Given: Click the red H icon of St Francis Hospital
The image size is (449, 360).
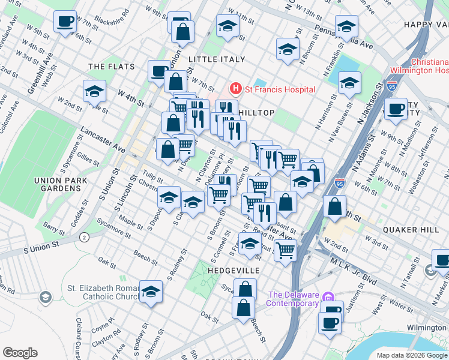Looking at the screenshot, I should (x=235, y=89).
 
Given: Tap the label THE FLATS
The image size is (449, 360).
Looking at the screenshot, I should (x=106, y=66).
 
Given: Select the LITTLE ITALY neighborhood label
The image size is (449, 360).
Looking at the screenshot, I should (x=217, y=59).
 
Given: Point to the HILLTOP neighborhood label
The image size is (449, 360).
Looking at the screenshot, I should (x=257, y=113).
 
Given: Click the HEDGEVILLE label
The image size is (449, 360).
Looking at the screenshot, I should (x=233, y=271).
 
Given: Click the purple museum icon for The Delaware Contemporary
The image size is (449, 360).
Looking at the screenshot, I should (x=327, y=297).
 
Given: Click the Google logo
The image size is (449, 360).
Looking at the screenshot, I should (x=20, y=352).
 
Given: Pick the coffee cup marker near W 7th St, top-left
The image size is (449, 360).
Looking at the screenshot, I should (x=65, y=22).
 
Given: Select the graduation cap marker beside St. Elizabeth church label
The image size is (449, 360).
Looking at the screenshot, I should (x=151, y=292).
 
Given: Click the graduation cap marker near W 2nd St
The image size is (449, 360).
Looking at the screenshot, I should (x=95, y=91).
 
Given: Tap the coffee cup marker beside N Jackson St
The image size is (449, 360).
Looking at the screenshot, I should (x=395, y=109).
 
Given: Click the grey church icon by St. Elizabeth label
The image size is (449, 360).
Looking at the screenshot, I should (x=46, y=297).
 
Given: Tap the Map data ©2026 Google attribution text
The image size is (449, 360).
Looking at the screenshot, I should (x=412, y=355).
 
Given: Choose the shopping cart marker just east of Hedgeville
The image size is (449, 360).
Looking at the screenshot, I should (x=285, y=249).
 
